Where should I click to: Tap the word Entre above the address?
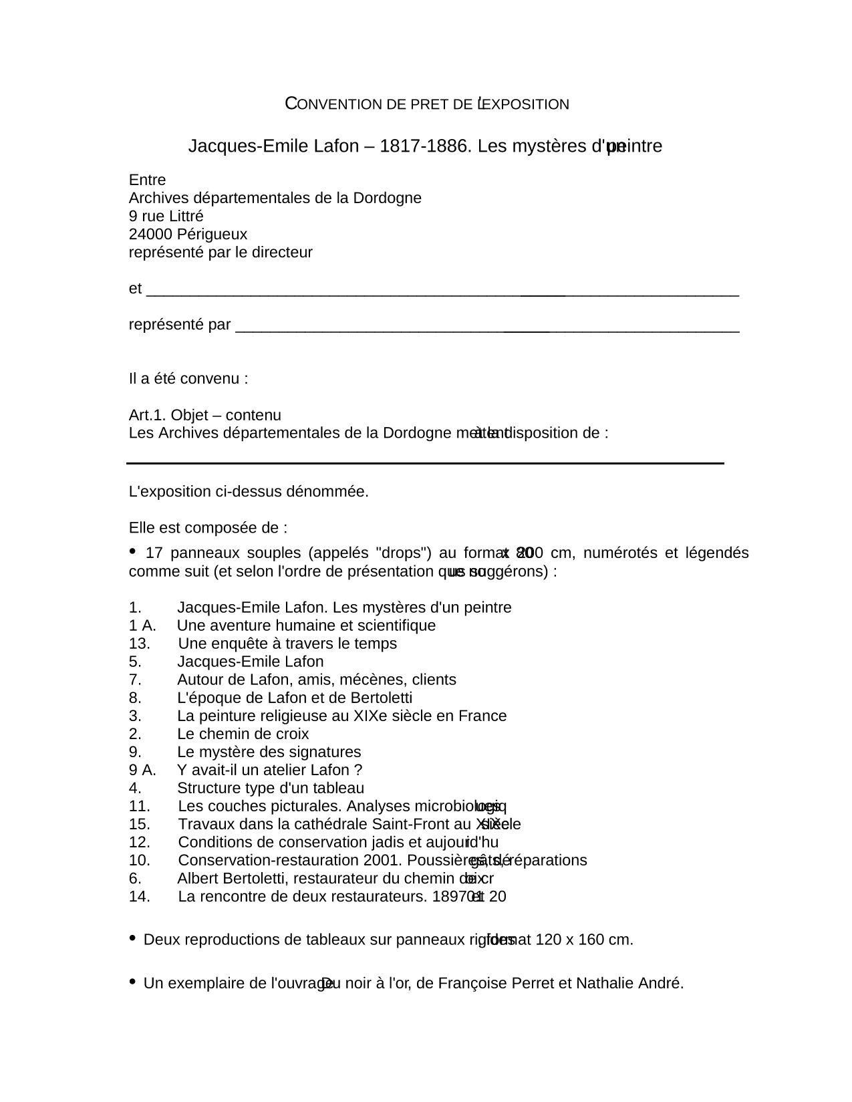coord(148,180)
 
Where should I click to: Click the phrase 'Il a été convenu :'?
coord(188,379)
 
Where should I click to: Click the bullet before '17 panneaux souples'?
coord(132,551)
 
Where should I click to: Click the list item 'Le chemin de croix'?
coord(243,734)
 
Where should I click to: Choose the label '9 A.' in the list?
coord(142,770)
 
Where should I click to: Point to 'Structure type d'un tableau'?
coord(271,788)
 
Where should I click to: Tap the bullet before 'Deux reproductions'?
coord(132,938)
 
